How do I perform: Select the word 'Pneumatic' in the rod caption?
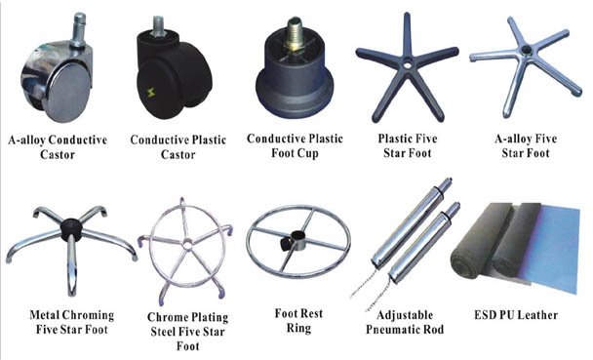(403, 330)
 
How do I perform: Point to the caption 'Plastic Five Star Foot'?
(404, 145)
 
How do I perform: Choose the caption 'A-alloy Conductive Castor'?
(59, 145)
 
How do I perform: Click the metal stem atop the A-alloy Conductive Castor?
(76, 25)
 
